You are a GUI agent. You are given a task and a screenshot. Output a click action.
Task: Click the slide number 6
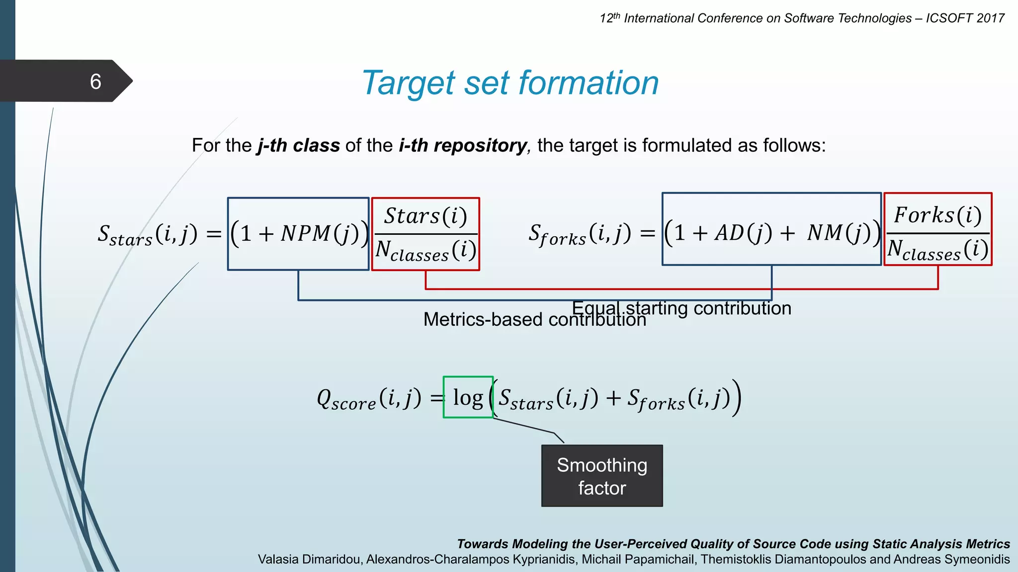[95, 81]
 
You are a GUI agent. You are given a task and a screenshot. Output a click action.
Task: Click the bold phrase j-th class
[298, 145]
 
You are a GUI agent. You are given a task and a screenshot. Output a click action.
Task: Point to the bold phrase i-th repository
[462, 145]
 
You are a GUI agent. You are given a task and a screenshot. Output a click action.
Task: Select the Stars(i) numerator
[425, 216]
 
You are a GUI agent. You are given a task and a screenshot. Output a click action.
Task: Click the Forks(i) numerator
[937, 215]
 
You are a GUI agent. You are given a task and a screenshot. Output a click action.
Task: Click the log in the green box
[468, 398]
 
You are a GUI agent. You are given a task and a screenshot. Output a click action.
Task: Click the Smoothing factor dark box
[602, 476]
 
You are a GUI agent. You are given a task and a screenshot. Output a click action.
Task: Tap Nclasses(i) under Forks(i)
[937, 250]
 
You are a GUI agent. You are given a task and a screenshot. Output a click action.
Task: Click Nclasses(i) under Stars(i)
[425, 250]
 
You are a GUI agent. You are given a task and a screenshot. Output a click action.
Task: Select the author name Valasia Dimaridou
[309, 560]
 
